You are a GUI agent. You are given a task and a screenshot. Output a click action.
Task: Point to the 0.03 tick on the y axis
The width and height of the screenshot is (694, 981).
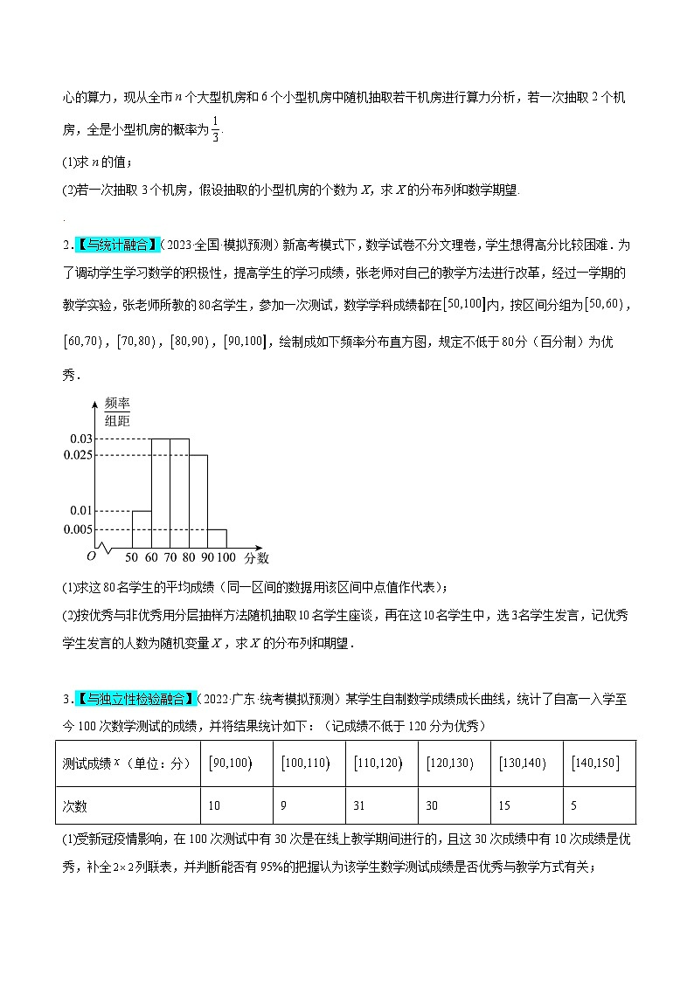pos(81,439)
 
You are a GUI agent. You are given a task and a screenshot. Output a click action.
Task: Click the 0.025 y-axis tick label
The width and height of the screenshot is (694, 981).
pos(78,455)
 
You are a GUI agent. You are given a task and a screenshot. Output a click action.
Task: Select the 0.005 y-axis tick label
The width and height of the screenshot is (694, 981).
pos(78,529)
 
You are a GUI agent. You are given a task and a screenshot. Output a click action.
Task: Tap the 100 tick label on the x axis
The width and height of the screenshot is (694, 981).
pos(226,556)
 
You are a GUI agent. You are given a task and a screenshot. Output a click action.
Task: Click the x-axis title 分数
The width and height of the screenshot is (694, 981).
pos(257,556)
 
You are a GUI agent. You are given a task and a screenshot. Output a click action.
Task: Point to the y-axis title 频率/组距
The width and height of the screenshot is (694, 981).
pos(117,411)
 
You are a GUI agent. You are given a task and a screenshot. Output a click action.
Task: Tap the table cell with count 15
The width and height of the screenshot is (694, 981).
pos(527,805)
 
